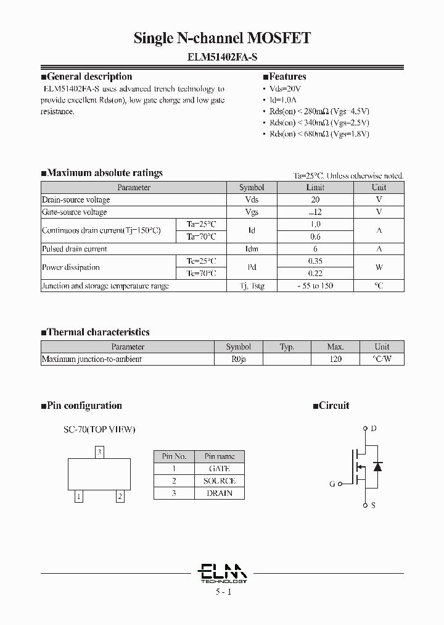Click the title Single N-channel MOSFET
222,38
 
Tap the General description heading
89,77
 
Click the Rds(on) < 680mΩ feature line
319,133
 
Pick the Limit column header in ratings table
314,187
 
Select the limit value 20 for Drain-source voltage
314,199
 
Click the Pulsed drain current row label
74,249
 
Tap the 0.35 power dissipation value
314,261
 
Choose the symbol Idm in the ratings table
252,249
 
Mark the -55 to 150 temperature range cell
314,286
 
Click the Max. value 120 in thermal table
335,359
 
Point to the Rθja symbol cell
238,359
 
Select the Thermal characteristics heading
98,332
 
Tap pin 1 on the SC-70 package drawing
79,496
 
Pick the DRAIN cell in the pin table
220,493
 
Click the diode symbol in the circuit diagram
377,466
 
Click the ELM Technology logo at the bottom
223,573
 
